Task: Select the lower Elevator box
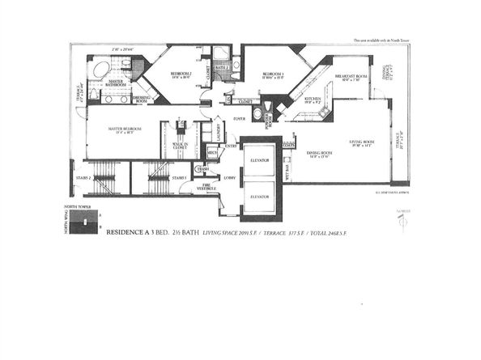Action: pyautogui.click(x=261, y=197)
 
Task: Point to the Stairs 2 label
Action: pyautogui.click(x=79, y=176)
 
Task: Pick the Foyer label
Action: pyautogui.click(x=239, y=118)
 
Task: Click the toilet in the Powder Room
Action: pyautogui.click(x=258, y=115)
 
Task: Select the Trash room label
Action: pyautogui.click(x=203, y=168)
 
